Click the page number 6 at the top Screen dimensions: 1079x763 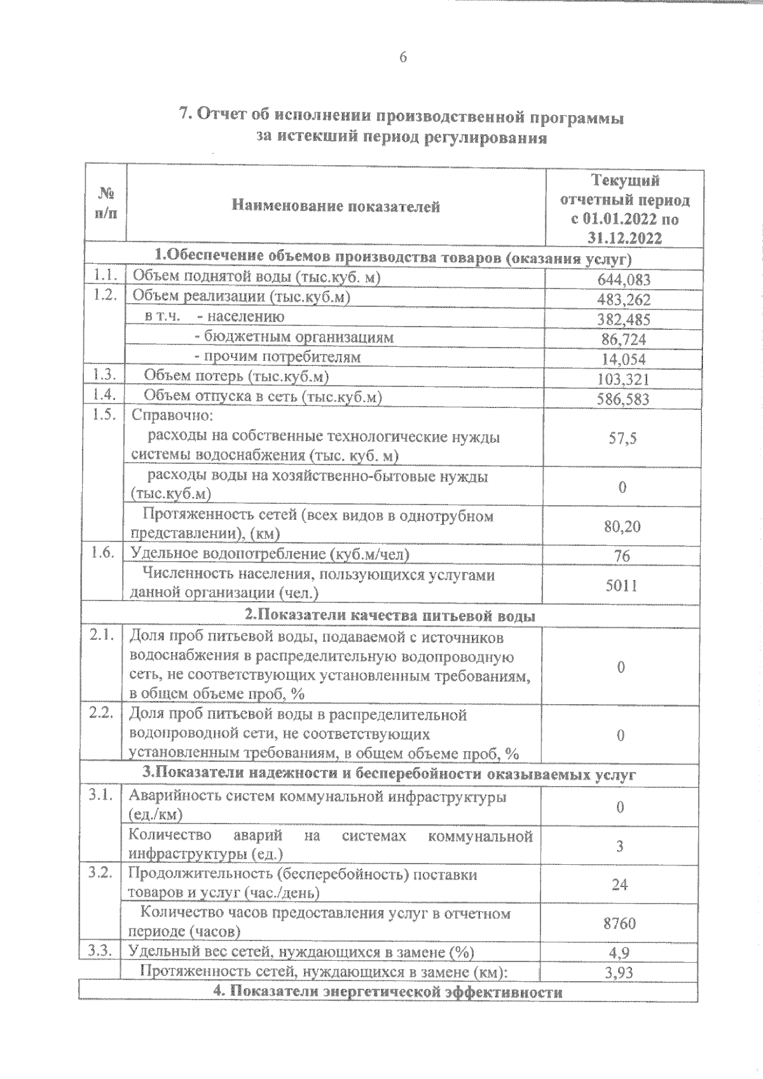click(x=402, y=57)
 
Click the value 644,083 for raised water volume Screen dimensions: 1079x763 click(x=624, y=280)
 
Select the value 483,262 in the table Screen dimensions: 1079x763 click(x=624, y=299)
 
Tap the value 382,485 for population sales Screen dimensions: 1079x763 click(x=624, y=319)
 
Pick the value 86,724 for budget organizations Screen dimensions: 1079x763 click(x=624, y=339)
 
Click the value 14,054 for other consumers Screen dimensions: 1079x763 click(x=624, y=359)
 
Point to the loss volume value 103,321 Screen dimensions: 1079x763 click(x=624, y=379)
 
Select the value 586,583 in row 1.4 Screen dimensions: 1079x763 click(x=624, y=399)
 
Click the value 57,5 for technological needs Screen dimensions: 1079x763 click(x=622, y=438)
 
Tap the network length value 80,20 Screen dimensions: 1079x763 click(x=622, y=526)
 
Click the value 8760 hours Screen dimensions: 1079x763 click(x=620, y=923)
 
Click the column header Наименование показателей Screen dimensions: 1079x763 click(x=336, y=206)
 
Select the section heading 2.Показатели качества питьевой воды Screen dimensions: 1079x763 click(x=390, y=616)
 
